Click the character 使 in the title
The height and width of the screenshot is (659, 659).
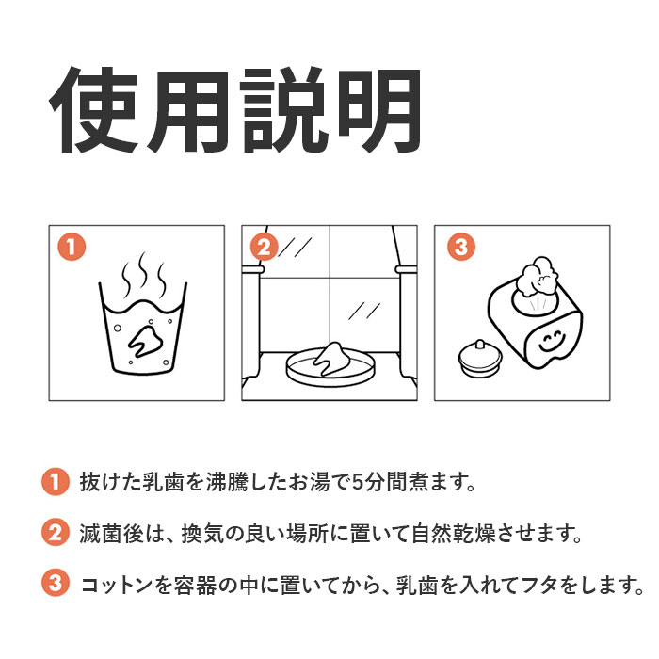click(94, 110)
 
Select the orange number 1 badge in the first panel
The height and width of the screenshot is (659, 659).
click(72, 247)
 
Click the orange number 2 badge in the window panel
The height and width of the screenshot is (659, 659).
click(265, 247)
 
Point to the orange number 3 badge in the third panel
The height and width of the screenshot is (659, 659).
click(461, 247)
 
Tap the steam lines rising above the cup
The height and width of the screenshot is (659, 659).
click(143, 274)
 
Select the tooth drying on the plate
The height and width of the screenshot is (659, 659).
click(331, 358)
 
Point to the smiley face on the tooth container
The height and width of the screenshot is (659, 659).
click(552, 342)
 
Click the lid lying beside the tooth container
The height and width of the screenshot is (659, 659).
click(479, 358)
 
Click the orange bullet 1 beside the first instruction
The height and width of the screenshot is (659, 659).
click(55, 482)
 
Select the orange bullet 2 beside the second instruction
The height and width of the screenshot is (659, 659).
click(55, 533)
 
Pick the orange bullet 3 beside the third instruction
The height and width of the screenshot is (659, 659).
click(55, 583)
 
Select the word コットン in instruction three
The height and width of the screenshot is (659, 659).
click(117, 585)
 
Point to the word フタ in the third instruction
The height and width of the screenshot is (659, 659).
click(538, 585)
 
